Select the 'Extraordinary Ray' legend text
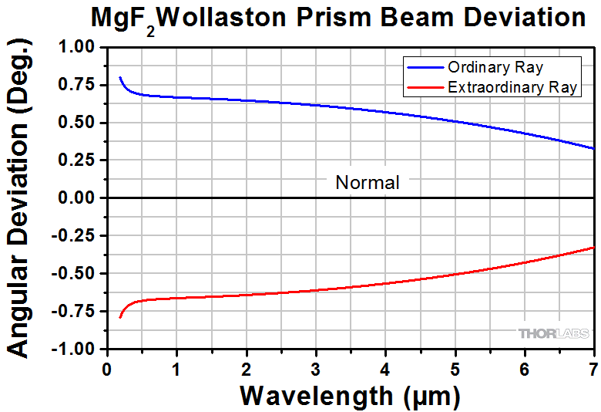[x=512, y=87]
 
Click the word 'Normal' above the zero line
[x=368, y=183]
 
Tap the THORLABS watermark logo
[x=553, y=333]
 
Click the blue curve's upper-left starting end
[x=120, y=78]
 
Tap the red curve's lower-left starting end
[x=120, y=317]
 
